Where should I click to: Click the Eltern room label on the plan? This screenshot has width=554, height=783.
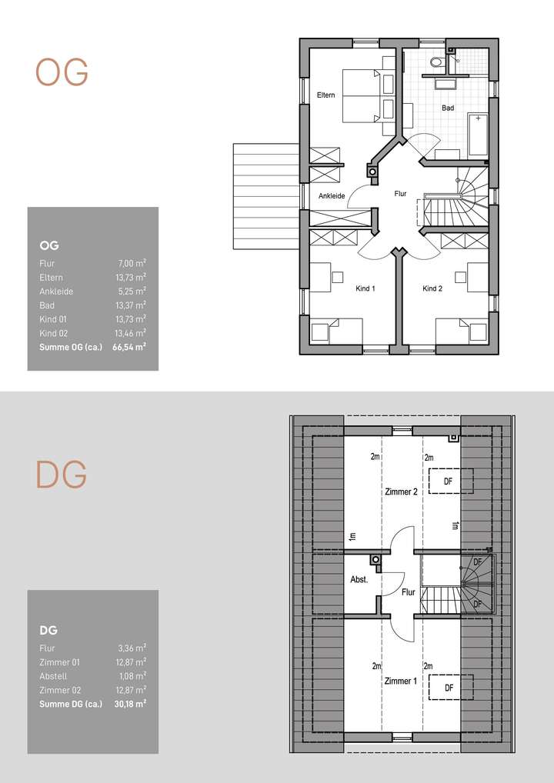tap(325, 95)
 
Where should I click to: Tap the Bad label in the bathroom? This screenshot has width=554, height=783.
tap(448, 108)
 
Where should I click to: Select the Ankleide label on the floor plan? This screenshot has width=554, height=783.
tap(332, 196)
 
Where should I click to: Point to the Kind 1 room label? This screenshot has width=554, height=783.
tap(365, 289)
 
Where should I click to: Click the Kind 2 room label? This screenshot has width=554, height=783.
tap(432, 289)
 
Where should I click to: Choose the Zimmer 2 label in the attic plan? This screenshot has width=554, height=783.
tap(400, 492)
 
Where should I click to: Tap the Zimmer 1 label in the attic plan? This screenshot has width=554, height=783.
tap(400, 681)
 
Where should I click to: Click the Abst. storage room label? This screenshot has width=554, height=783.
tap(359, 581)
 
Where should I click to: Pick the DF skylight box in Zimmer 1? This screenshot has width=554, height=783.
tap(449, 687)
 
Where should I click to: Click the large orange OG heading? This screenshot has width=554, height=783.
tap(62, 73)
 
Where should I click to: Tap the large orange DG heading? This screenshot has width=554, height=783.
tap(62, 476)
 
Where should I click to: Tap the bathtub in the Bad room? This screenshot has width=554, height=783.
tap(478, 134)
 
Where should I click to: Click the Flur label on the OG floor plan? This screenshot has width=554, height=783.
tap(399, 195)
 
